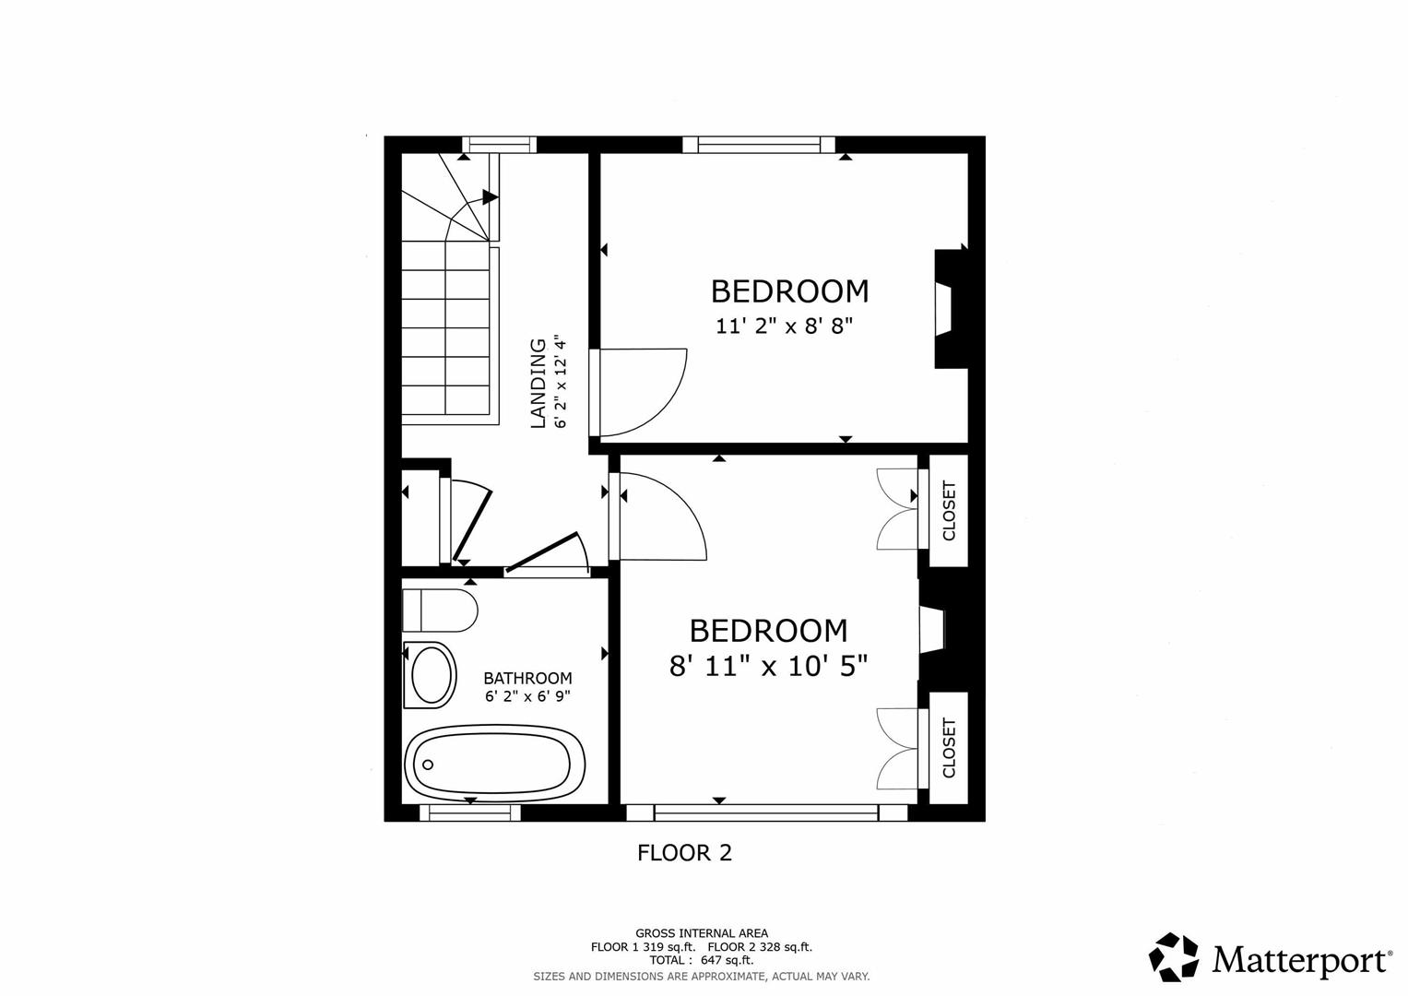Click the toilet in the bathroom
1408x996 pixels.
point(440,610)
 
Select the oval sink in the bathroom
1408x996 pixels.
point(432,675)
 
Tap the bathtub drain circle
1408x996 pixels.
point(427,765)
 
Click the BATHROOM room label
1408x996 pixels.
point(527,679)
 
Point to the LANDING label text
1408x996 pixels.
point(538,384)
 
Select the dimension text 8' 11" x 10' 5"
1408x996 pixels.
point(768,665)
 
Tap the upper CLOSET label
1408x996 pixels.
point(949,510)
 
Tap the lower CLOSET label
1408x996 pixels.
point(949,748)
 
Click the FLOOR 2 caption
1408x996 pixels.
point(684,853)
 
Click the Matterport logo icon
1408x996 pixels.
point(1174,956)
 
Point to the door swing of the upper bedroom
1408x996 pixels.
point(645,392)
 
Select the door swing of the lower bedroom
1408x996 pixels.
point(662,516)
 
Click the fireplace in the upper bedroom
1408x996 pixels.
point(947,309)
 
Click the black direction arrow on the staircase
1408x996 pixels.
point(490,196)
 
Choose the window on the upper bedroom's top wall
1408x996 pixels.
point(758,144)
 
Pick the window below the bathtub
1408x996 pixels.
point(470,812)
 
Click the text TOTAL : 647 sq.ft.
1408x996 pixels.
point(701,960)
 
